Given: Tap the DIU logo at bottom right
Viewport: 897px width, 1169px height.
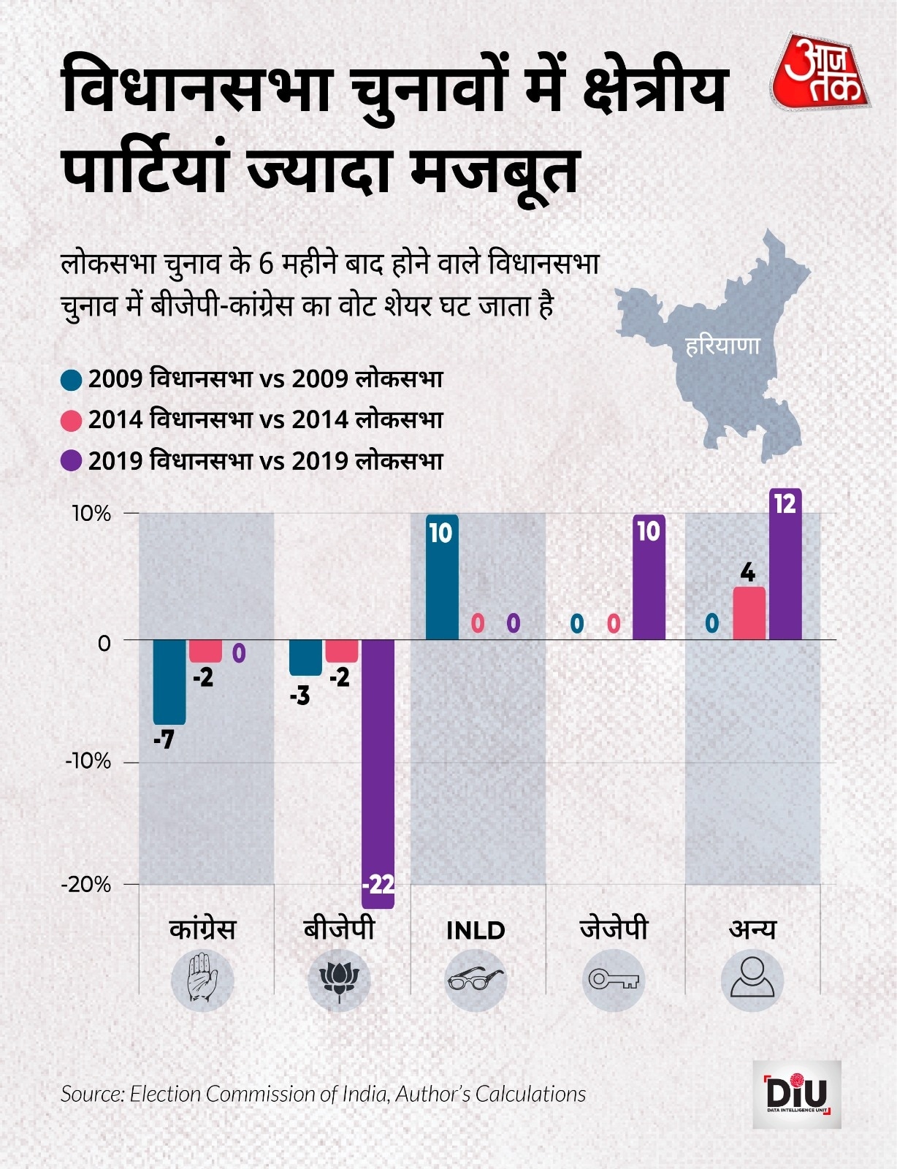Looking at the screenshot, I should point(797,1094).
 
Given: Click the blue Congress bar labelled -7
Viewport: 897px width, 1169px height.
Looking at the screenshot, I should point(169,681).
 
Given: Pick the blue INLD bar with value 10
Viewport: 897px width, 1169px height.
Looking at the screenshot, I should point(442,577).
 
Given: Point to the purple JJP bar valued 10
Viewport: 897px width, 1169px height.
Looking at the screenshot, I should point(649,577).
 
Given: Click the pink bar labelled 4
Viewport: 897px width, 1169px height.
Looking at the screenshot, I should point(749,613).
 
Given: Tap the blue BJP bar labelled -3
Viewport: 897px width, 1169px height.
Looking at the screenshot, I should point(305,657).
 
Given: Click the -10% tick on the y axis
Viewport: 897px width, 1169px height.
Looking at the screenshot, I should point(88,761).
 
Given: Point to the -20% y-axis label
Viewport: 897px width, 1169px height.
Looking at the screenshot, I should point(86,885).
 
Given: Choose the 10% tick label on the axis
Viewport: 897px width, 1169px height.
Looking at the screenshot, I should point(91,514).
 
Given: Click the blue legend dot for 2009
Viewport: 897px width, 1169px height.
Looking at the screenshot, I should point(72,380).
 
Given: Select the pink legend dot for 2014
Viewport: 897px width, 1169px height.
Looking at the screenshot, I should point(72,421).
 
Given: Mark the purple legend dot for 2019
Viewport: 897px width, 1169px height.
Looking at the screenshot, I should point(72,462).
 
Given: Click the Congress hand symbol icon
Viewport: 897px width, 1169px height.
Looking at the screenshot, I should point(202,980).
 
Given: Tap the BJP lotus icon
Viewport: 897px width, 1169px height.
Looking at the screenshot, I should point(339,980).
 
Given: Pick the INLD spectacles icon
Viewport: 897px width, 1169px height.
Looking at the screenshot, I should point(476,980).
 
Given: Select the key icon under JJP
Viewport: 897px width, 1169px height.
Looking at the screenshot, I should point(614,980).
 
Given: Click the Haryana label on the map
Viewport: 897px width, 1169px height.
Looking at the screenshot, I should point(723,346).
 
